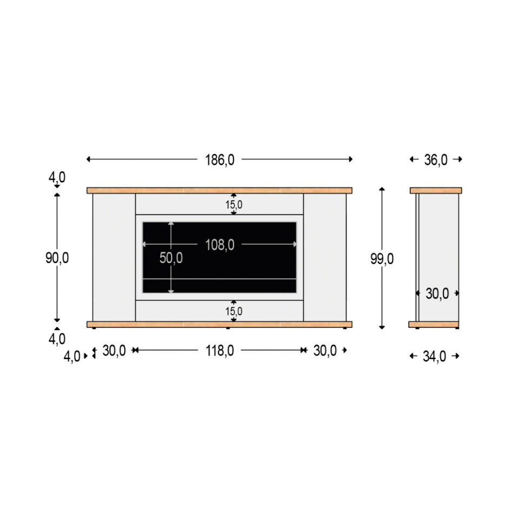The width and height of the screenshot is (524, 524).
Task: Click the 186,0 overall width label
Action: coord(220,160)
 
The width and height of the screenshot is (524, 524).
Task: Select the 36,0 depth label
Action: coord(435,160)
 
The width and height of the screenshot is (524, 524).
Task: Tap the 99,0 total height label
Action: coord(382,259)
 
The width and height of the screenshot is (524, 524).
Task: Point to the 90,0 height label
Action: coord(57,258)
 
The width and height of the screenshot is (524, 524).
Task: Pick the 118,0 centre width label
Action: coord(220,350)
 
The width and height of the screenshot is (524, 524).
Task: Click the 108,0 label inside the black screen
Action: coord(220,244)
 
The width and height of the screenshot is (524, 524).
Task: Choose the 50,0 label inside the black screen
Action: coord(171,258)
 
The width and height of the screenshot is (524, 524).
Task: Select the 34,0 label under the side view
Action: coord(435,356)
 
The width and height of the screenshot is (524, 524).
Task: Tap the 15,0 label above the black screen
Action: coord(234,205)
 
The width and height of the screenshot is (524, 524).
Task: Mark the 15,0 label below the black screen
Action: coord(234,311)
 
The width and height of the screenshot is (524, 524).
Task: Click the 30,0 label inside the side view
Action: coord(437,294)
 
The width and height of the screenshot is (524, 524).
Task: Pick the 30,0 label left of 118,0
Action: coord(114,350)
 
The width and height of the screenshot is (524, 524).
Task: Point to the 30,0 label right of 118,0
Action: coord(324,350)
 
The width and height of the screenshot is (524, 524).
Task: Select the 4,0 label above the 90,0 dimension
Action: coord(57,177)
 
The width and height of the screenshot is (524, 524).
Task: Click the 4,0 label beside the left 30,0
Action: coord(72,356)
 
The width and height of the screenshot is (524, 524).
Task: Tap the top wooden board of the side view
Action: coord(435,190)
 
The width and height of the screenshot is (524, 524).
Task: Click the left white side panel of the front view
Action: coord(114,257)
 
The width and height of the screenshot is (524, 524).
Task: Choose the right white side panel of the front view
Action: coord(324,257)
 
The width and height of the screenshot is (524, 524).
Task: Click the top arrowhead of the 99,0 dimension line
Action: coord(382,189)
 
